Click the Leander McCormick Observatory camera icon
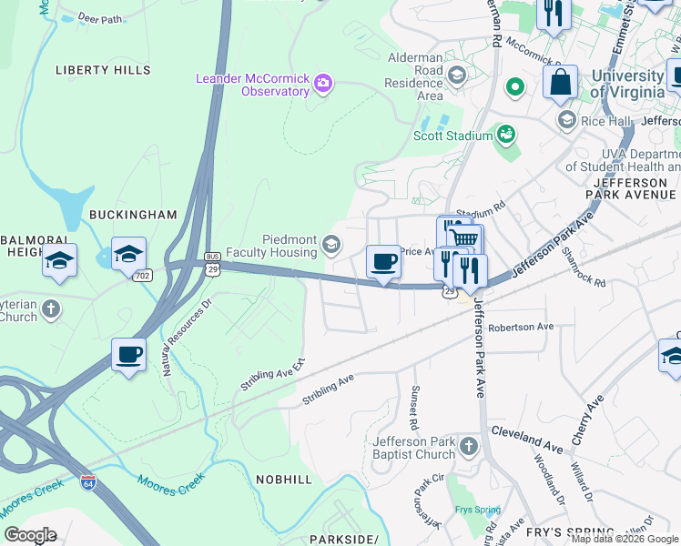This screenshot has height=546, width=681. pyautogui.click(x=323, y=85)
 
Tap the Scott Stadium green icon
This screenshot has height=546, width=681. pyautogui.click(x=506, y=135)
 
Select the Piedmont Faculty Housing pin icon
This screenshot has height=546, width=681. pyautogui.click(x=331, y=242)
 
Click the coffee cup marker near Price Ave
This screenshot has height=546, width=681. pyautogui.click(x=383, y=262)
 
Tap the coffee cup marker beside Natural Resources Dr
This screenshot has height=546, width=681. pyautogui.click(x=128, y=353)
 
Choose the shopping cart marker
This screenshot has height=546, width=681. pyautogui.click(x=464, y=238)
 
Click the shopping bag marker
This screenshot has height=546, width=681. pyautogui.click(x=560, y=81)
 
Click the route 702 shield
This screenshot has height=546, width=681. pyautogui.click(x=141, y=275)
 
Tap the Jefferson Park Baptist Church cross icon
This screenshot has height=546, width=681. pyautogui.click(x=468, y=446)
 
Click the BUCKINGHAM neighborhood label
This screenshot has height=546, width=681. pyautogui.click(x=133, y=215)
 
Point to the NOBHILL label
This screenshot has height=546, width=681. pyautogui.click(x=284, y=479)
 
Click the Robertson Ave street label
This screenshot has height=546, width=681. pyautogui.click(x=521, y=327)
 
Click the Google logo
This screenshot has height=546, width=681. pyautogui.click(x=30, y=535)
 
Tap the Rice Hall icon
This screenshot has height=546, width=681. pyautogui.click(x=566, y=120)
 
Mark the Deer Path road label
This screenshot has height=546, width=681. pyautogui.click(x=100, y=17)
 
